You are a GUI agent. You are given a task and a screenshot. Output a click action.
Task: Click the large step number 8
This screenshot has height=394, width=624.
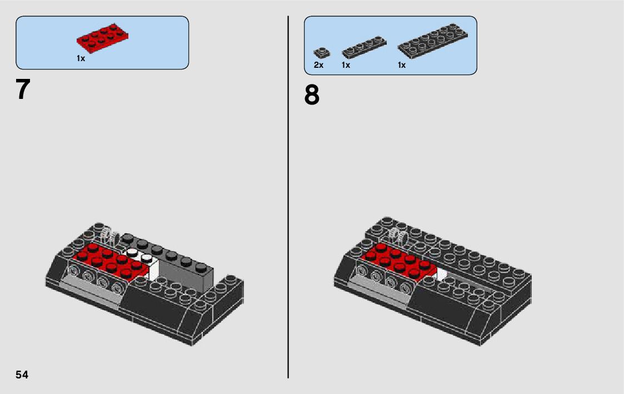tap(312, 95)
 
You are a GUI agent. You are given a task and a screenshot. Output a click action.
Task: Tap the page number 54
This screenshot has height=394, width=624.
tap(22, 375)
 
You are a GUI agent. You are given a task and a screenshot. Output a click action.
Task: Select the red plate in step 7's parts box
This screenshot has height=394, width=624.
tap(103, 38)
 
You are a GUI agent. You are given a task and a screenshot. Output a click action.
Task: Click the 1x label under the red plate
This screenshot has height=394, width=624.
tap(81, 58)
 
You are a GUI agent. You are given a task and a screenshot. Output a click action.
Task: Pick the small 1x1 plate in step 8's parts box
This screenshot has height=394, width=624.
tap(322, 53)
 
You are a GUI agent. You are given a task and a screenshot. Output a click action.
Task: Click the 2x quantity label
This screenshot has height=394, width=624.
tap(318, 65)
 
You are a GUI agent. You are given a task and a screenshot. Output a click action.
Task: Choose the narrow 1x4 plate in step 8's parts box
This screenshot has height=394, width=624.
tap(364, 47)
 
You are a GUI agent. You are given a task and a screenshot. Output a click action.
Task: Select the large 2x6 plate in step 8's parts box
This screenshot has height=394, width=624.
tap(433, 41)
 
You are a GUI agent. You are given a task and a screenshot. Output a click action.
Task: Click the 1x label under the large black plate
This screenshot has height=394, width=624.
tap(402, 65)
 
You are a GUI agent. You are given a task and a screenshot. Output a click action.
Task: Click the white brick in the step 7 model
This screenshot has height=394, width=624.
tap(148, 263)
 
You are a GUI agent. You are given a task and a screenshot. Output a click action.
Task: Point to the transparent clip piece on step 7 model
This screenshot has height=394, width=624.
tap(109, 236)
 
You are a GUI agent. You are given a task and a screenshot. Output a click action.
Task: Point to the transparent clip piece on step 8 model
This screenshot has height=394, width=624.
tap(399, 235)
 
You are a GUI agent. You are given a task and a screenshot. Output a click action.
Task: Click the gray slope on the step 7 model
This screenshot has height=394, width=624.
tap(92, 290)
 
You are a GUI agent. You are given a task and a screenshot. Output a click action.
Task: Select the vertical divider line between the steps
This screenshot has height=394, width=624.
tap(288, 197)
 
